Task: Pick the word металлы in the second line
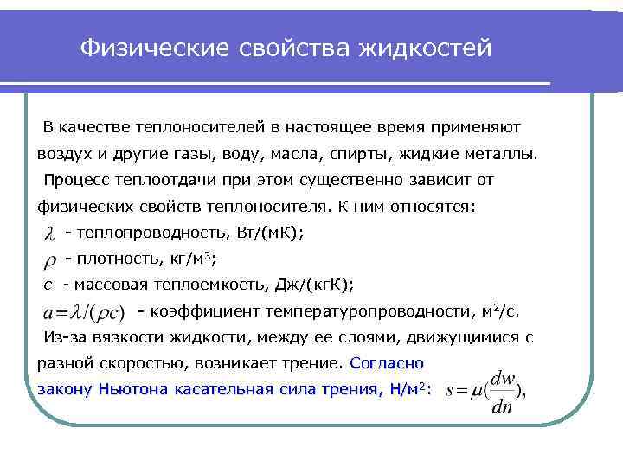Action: coord(528,155)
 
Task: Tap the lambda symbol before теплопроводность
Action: coord(50,233)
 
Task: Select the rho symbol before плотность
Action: coord(49,259)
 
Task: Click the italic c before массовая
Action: coord(48,285)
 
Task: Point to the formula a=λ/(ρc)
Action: coord(83,310)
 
